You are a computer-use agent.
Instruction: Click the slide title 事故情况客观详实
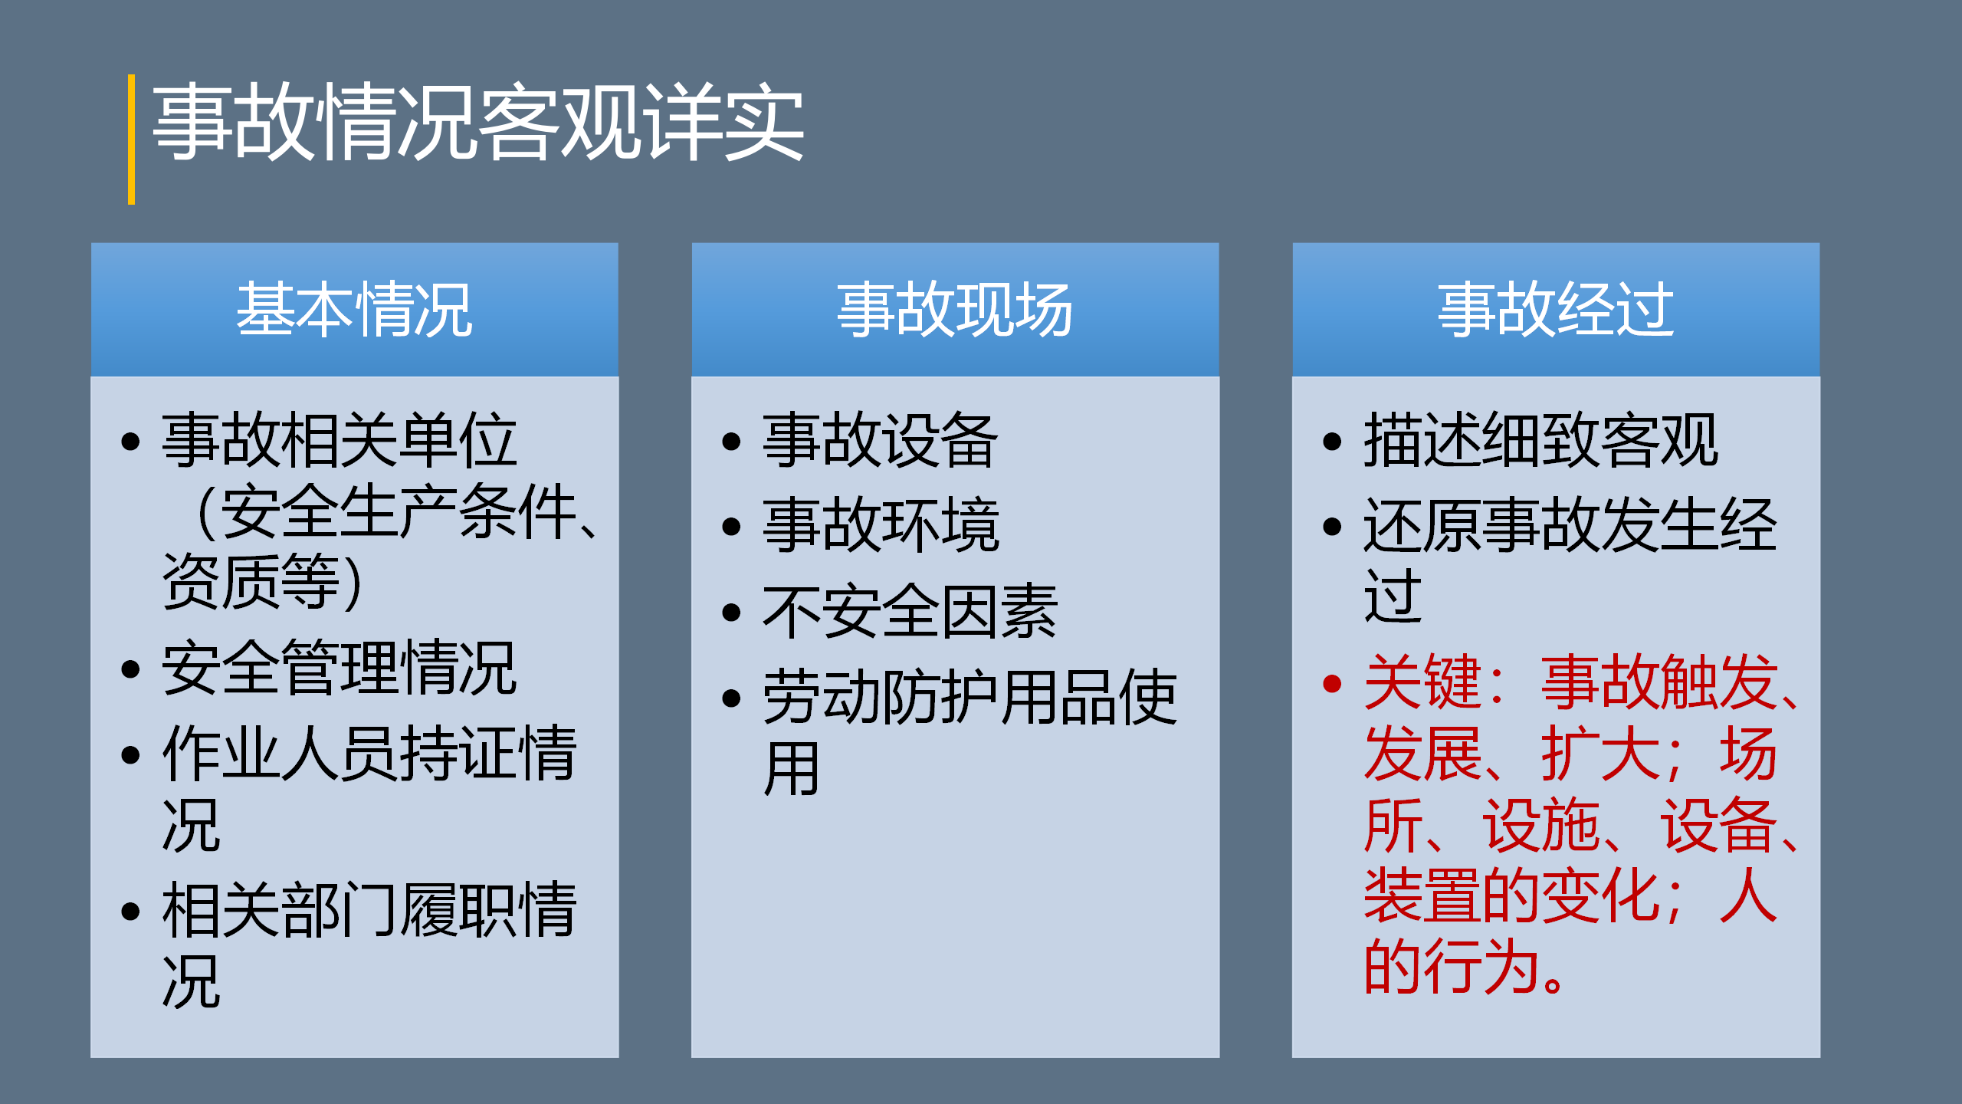478,123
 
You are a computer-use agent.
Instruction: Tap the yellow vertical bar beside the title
132,140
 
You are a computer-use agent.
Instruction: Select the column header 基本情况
354,310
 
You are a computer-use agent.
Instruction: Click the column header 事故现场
955,310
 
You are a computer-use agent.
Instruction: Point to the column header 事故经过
1556,310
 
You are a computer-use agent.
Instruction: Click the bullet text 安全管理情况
340,669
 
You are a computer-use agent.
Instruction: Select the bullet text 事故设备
881,440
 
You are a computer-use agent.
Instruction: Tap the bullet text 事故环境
881,525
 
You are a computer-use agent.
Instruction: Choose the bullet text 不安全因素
910,611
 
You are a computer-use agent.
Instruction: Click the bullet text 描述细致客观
1540,440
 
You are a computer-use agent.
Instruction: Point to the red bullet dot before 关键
1332,683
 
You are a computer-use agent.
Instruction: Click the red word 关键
1422,682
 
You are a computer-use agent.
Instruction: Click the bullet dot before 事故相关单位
130,442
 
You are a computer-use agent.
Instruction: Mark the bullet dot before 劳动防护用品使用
731,698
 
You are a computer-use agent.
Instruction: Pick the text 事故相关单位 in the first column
340,440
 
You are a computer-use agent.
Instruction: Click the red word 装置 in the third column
1422,895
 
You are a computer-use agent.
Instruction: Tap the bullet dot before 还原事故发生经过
1332,527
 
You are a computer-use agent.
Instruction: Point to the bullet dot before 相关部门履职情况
130,911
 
